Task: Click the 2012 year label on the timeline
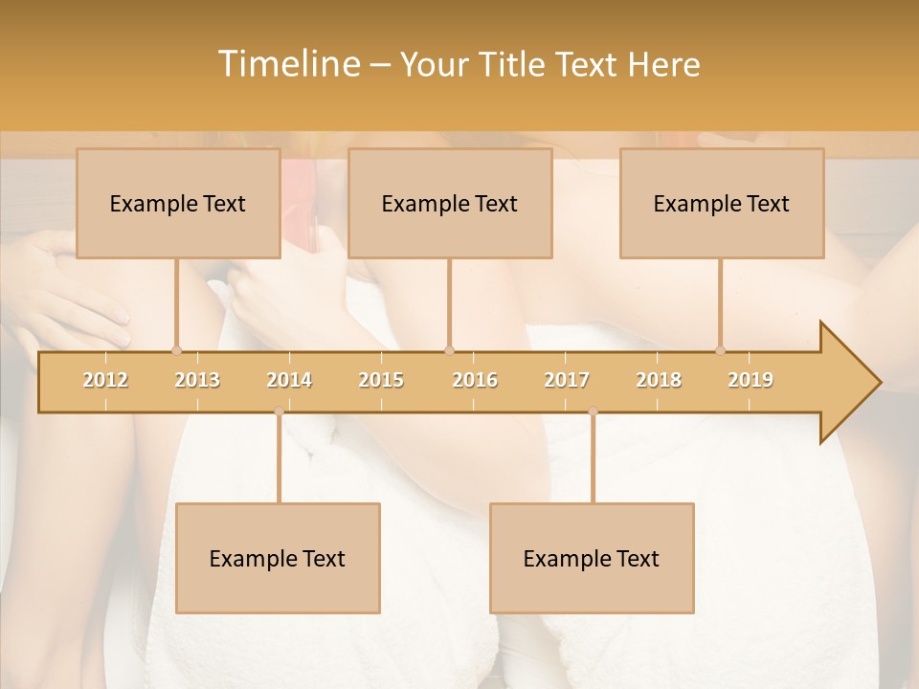(x=105, y=380)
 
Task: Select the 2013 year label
(x=197, y=380)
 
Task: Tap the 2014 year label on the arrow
(x=289, y=380)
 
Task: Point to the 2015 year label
(x=381, y=380)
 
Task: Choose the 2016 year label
(x=475, y=380)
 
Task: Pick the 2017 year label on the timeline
(x=567, y=380)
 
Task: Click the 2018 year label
(x=659, y=380)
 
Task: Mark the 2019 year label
(x=751, y=380)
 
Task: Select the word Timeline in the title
(x=287, y=64)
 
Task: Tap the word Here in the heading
(x=663, y=64)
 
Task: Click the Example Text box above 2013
(x=178, y=203)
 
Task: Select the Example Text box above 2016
(x=450, y=203)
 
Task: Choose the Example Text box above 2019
(x=722, y=203)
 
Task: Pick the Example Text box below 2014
(x=278, y=558)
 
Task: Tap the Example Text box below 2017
(x=592, y=558)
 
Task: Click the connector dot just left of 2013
(x=176, y=350)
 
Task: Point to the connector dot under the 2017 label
(x=593, y=411)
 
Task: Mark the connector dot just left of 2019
(x=720, y=350)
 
